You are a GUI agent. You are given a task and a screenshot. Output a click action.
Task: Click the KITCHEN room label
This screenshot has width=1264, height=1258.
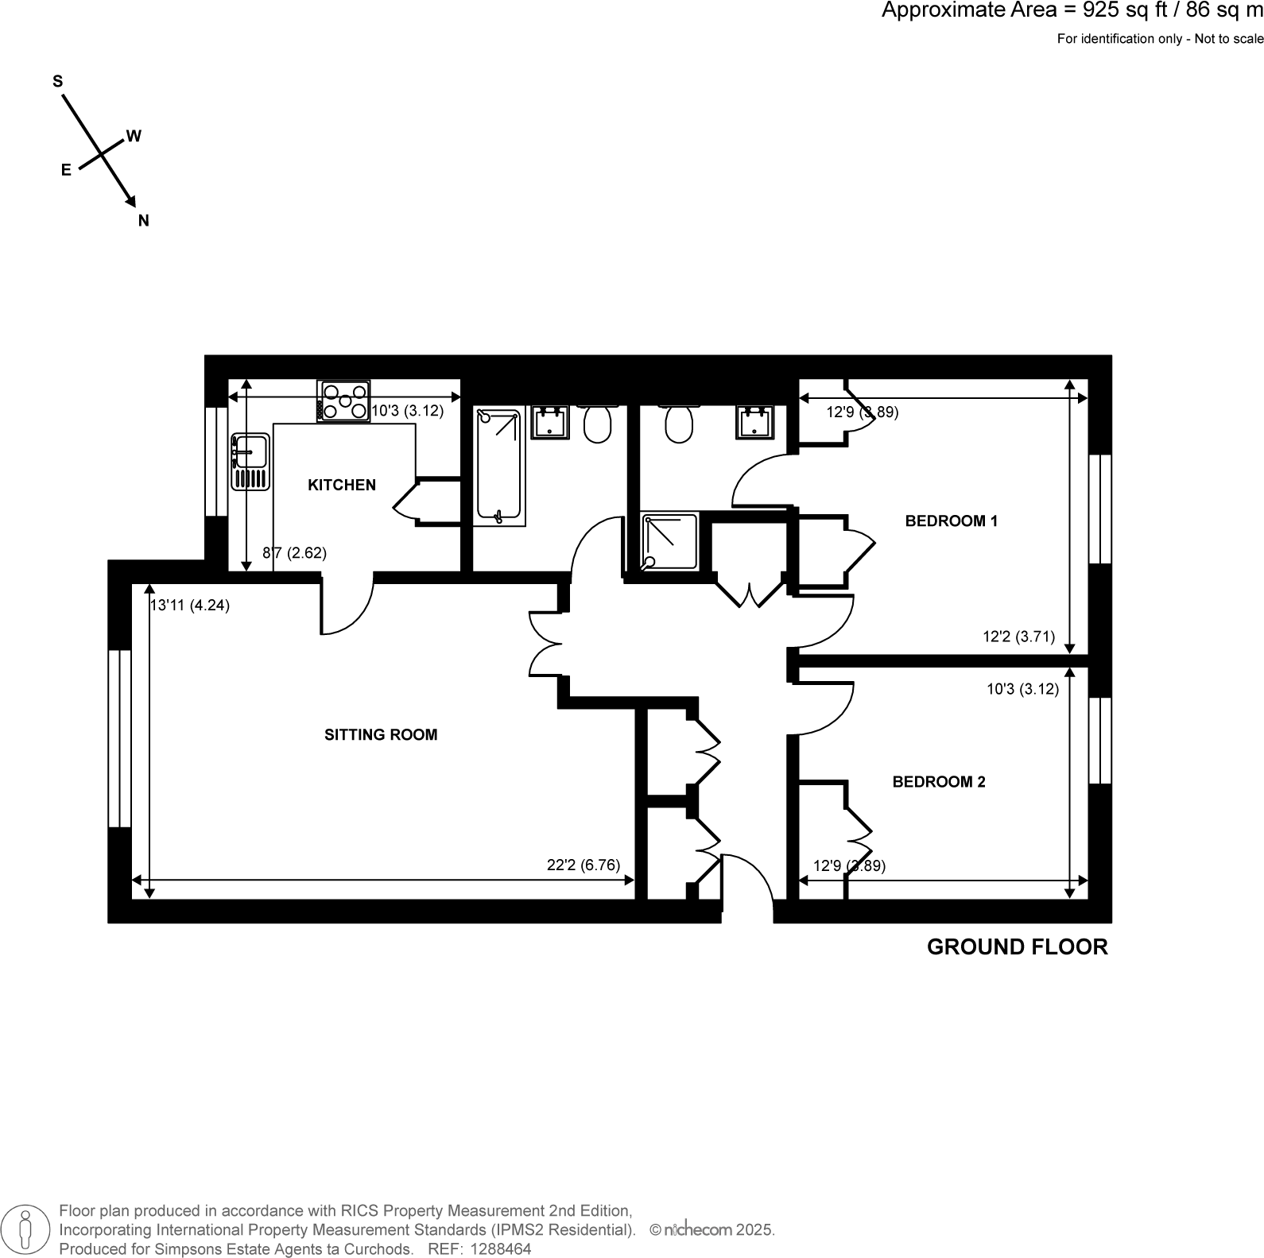(x=341, y=485)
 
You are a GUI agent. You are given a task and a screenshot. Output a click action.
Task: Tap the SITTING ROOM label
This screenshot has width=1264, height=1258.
(x=381, y=735)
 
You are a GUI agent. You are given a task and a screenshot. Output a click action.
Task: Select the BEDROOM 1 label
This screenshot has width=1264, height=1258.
(x=951, y=521)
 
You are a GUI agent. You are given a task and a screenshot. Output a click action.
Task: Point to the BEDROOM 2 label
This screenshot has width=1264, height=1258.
(x=938, y=782)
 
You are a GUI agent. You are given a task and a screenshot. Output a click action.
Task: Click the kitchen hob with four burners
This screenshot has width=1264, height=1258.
(x=343, y=401)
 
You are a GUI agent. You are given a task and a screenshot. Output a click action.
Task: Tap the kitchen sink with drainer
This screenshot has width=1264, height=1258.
(x=250, y=461)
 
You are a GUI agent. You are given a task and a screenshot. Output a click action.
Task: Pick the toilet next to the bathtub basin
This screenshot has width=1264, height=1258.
(x=598, y=424)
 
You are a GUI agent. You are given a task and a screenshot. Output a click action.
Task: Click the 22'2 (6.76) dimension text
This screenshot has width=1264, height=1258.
(x=583, y=865)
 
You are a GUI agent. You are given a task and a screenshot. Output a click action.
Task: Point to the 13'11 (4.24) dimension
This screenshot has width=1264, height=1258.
(x=190, y=606)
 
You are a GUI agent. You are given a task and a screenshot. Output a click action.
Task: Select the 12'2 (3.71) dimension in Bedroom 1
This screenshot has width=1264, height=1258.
(x=1018, y=637)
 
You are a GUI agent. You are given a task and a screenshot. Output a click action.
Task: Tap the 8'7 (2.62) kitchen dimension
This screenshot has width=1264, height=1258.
(x=294, y=553)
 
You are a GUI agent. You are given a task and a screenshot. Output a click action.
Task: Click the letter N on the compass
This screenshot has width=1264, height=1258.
(x=144, y=221)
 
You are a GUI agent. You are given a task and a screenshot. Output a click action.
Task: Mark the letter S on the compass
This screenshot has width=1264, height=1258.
(x=57, y=81)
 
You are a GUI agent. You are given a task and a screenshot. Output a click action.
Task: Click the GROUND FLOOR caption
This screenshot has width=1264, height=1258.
(x=1017, y=947)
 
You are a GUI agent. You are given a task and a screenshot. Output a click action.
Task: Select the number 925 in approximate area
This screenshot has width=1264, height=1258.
(x=1099, y=11)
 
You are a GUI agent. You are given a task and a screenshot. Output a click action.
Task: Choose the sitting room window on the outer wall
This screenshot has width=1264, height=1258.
(x=119, y=738)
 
